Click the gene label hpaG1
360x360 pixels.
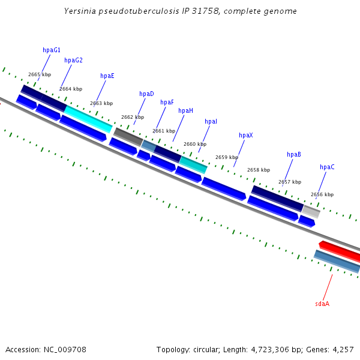tap(52, 50)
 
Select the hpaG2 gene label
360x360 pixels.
tap(73, 60)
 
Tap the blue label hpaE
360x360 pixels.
tap(107, 76)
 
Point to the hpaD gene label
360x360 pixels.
tap(146, 94)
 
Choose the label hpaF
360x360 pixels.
tap(167, 102)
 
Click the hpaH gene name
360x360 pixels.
tap(185, 110)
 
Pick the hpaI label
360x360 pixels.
tap(211, 121)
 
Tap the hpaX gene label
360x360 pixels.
tap(246, 135)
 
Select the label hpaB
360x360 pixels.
tap(294, 154)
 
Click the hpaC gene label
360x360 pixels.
tap(327, 167)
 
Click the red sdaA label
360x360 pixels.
tap(322, 304)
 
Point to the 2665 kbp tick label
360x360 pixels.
tap(40, 75)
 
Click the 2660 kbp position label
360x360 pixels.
tap(195, 144)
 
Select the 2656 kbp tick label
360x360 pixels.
tap(322, 194)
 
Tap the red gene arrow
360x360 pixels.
tap(339, 251)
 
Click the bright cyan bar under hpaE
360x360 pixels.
tap(88, 119)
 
